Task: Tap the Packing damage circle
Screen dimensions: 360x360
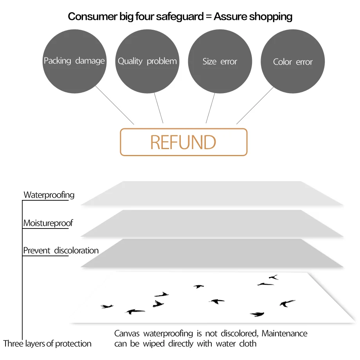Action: point(74,61)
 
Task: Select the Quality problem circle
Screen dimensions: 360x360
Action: point(147,61)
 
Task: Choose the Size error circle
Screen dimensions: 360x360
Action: point(220,61)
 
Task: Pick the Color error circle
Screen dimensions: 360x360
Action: point(293,61)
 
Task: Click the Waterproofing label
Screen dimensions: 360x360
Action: point(49,195)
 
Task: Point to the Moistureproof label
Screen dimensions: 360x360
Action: point(48,223)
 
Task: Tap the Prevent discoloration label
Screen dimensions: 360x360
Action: point(61,250)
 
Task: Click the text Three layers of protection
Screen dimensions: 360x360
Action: point(47,344)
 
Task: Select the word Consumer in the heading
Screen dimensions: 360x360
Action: point(93,16)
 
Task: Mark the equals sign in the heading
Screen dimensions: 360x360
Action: point(209,16)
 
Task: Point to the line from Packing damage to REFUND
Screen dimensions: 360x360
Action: point(115,105)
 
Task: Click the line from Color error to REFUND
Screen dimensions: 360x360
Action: point(255,105)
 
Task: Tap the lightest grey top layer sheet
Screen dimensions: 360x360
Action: point(212,193)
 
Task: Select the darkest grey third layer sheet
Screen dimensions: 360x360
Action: point(212,253)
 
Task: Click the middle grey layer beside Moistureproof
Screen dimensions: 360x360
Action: point(212,223)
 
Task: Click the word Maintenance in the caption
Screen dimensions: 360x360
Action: point(284,333)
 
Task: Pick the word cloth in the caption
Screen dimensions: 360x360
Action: point(248,344)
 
